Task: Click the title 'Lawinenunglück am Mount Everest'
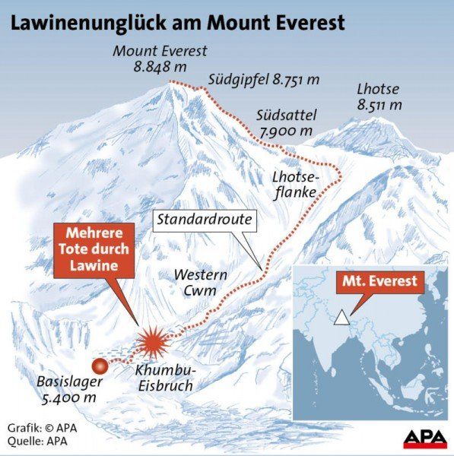pos(176,22)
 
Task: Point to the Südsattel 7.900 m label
pos(286,122)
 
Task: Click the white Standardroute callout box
pos(205,221)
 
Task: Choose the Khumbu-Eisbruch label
pos(164,378)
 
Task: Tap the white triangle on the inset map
pos(344,316)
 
